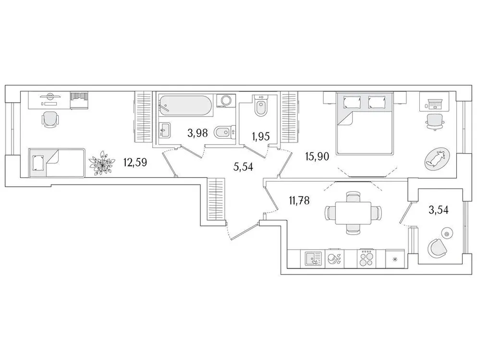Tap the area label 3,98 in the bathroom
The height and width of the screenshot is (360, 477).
point(197,133)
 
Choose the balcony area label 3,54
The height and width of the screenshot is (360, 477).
point(438,210)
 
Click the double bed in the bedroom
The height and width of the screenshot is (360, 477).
point(365,123)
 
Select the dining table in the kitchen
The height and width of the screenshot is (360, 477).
point(352,212)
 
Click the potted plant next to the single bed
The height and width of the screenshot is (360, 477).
point(102,163)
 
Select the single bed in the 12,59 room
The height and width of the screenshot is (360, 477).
point(57,162)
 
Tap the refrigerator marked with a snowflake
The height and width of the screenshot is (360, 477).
point(395,259)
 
